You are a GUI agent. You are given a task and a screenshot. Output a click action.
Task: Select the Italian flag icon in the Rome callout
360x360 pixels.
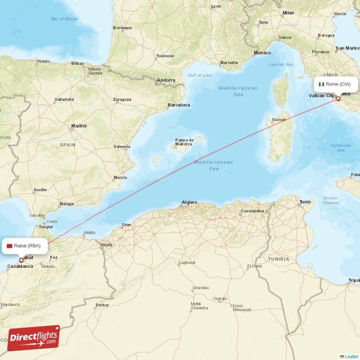coord(321,84)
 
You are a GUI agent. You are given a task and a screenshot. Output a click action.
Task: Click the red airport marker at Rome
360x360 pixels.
coord(338,98)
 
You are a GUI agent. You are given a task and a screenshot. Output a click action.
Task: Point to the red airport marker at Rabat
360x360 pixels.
coord(21,260)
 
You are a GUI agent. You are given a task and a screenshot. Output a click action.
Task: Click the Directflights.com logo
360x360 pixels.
coord(33,338)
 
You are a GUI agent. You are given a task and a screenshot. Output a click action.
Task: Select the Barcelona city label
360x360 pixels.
coord(179,105)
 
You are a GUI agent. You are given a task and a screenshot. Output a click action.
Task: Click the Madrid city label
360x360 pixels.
coord(78,126)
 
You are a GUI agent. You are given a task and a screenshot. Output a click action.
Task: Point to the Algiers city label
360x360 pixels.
coord(189,202)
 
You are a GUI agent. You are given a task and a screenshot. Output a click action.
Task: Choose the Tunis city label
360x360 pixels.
coord(305,202)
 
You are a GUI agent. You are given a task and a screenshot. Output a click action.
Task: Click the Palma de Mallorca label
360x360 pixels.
coord(184,142)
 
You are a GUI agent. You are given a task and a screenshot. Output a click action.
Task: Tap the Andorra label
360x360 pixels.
coord(166,81)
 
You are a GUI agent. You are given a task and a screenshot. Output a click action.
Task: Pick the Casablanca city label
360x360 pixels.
coord(20,266)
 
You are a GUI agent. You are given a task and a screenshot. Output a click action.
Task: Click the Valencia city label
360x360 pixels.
coord(121,147)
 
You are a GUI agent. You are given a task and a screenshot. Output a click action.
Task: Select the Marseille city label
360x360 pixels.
coord(229,63)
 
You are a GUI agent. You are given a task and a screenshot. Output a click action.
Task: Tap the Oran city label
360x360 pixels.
coord(126,225)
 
